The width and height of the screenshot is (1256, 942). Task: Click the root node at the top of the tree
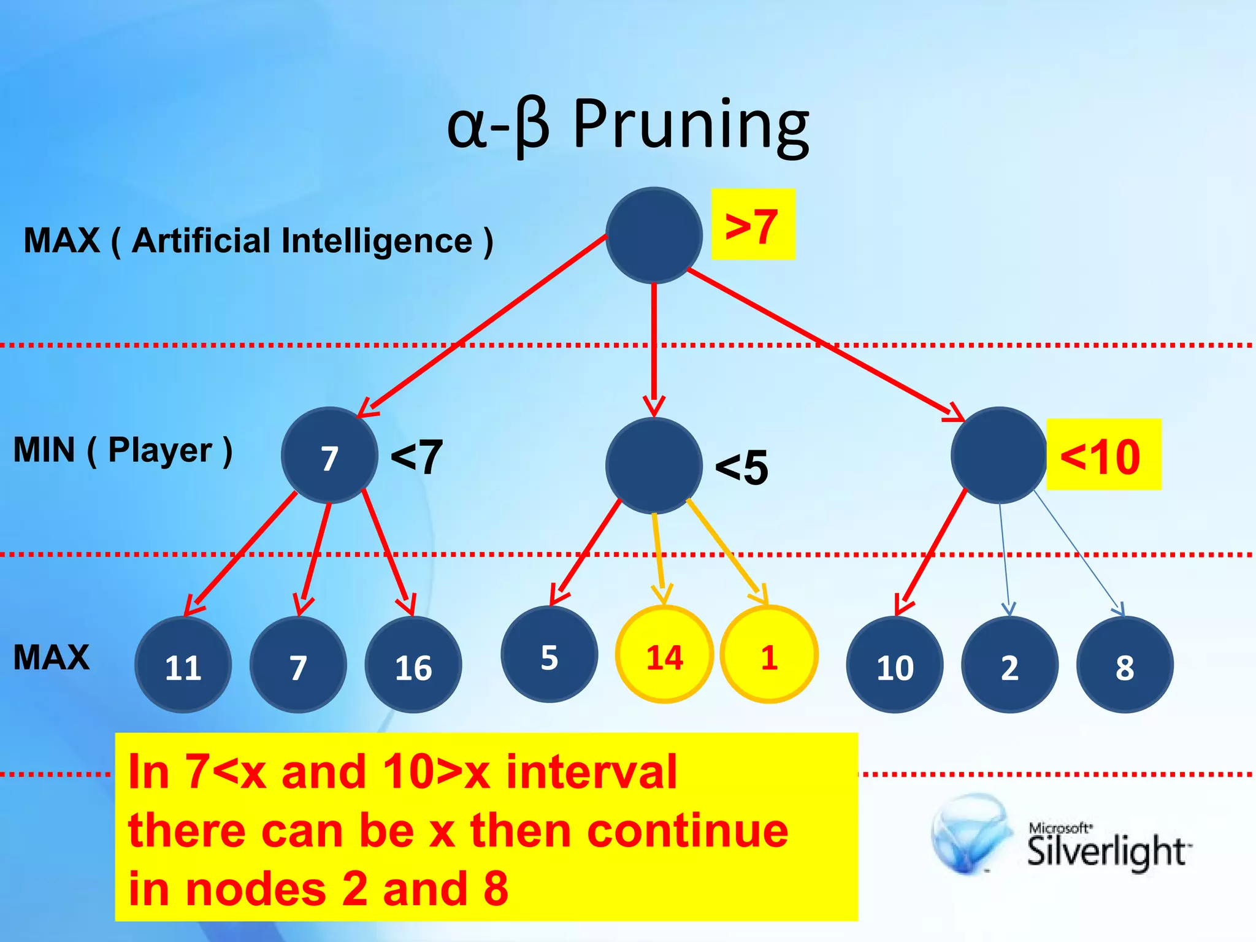point(654,235)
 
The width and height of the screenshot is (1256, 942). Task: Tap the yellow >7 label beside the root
point(752,224)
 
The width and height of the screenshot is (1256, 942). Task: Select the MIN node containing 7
point(329,455)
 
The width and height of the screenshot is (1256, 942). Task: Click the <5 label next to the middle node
point(741,467)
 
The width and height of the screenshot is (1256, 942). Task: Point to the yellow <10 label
point(1103,455)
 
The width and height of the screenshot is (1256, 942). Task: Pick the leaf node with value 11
point(183,665)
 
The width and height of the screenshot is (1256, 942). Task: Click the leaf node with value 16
point(413,665)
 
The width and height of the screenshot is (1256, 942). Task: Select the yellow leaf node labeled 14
point(664,654)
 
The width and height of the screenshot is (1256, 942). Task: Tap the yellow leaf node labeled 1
point(768,654)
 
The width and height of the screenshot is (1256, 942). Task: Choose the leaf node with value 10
point(894,665)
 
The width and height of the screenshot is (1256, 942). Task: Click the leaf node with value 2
point(1009,665)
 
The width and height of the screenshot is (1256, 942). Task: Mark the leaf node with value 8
point(1124,665)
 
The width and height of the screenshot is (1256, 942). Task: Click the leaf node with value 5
point(549,654)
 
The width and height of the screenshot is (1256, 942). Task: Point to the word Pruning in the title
point(691,125)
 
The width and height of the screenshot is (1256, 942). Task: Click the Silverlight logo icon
point(970,833)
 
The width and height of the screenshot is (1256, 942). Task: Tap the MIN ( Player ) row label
point(123,450)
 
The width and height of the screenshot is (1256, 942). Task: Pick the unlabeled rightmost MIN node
point(999,455)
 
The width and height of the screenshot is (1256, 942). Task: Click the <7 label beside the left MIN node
point(416,457)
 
